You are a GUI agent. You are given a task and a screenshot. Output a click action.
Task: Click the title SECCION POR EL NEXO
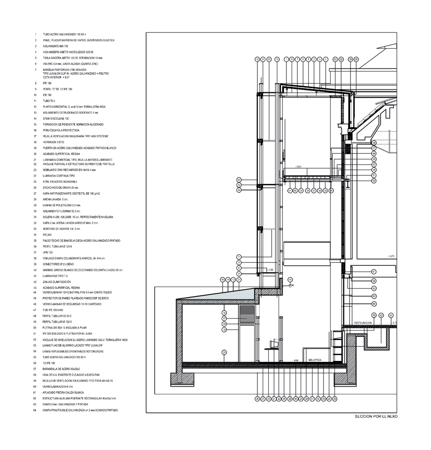pyautogui.click(x=376, y=417)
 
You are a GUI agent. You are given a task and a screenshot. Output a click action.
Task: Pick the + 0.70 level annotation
pyautogui.click(x=392, y=256)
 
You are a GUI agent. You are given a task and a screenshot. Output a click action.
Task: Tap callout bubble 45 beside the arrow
pyautogui.click(x=290, y=280)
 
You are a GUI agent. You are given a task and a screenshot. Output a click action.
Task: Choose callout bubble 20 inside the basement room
pyautogui.click(x=224, y=352)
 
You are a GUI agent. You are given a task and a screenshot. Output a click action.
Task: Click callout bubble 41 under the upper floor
pyautogui.click(x=289, y=190)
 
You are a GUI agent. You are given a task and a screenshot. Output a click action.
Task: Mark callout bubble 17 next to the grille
pyautogui.click(x=224, y=318)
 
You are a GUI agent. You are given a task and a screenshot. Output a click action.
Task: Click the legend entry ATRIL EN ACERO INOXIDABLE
pyautogui.click(x=59, y=182)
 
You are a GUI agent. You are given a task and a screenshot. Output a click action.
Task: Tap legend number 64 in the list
pyautogui.click(x=35, y=410)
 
